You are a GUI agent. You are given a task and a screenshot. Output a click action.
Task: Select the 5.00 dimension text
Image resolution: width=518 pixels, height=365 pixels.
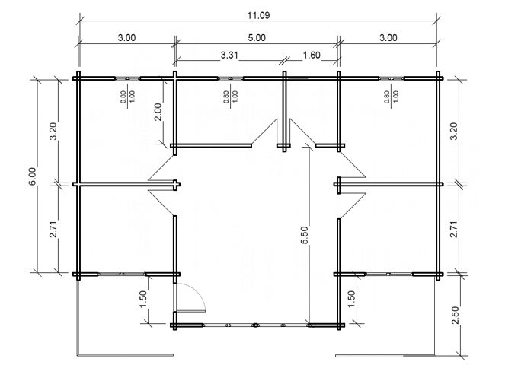tap(257, 37)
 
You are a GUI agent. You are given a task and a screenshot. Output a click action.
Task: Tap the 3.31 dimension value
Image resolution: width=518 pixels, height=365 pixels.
tap(228, 56)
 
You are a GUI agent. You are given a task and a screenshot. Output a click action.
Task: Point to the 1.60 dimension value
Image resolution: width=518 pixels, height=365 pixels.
tap(311, 56)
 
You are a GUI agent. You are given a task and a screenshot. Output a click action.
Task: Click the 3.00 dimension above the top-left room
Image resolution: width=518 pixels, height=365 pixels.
tap(126, 37)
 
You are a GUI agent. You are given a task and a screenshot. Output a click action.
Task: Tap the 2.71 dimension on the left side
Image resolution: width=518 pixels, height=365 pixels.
tap(53, 228)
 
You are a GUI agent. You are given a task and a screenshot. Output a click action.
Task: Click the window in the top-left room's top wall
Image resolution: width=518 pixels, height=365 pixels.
tap(128, 77)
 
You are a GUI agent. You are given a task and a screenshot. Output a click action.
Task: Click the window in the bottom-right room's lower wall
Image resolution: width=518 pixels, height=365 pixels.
tap(388, 273)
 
